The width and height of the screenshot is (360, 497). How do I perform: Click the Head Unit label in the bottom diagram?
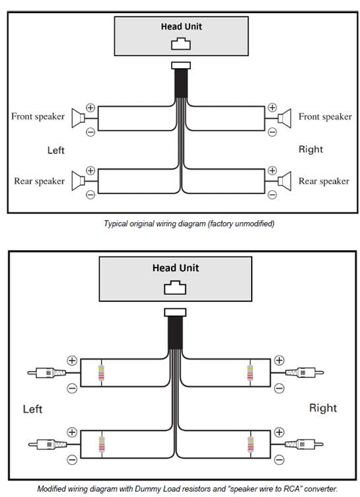(x=176, y=268)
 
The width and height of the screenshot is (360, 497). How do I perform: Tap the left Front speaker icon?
(x=77, y=118)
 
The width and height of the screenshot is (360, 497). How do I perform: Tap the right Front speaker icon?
(x=285, y=118)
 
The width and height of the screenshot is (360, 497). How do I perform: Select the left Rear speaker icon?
(x=77, y=180)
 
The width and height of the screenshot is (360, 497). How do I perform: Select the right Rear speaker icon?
(x=285, y=180)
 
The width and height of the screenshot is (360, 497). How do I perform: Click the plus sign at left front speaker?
(x=90, y=107)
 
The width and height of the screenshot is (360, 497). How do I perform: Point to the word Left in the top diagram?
(x=56, y=150)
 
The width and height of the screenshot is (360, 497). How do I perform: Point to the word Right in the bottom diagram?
(x=323, y=408)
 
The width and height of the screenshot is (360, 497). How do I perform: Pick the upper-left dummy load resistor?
(x=101, y=373)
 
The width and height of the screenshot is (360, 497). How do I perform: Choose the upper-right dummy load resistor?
(x=251, y=373)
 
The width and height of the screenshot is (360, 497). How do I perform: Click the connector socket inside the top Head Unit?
(x=180, y=44)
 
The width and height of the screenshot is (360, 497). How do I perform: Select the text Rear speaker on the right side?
(x=324, y=180)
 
